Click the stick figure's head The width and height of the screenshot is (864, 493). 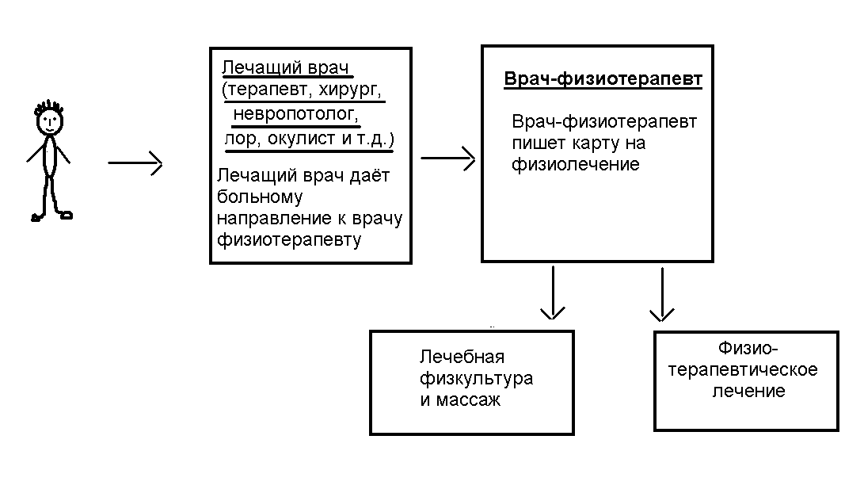[x=50, y=120]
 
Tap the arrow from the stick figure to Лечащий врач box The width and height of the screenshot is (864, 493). [x=135, y=164]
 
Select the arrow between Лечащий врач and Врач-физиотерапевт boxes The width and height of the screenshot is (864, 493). [x=447, y=159]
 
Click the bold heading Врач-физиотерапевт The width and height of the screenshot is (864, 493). [x=603, y=80]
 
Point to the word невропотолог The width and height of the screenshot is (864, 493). [x=296, y=113]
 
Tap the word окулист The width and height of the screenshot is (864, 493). [x=302, y=139]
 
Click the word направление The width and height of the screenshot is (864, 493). [x=264, y=216]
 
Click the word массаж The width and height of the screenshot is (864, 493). [x=461, y=399]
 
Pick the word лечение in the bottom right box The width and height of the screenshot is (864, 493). [x=748, y=391]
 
